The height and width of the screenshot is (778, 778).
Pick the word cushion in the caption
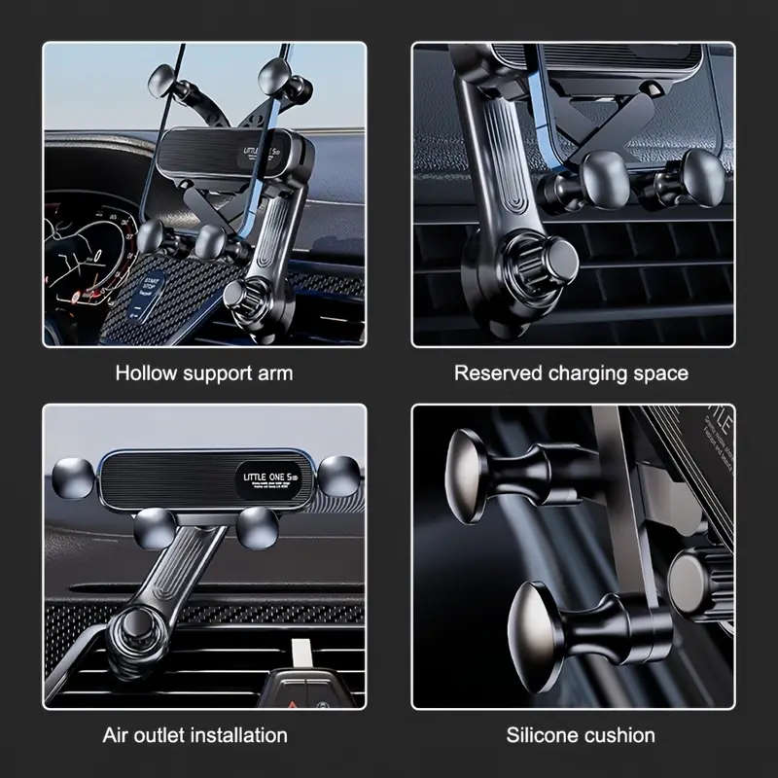[618, 734]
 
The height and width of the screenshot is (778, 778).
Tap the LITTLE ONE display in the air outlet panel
[272, 477]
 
